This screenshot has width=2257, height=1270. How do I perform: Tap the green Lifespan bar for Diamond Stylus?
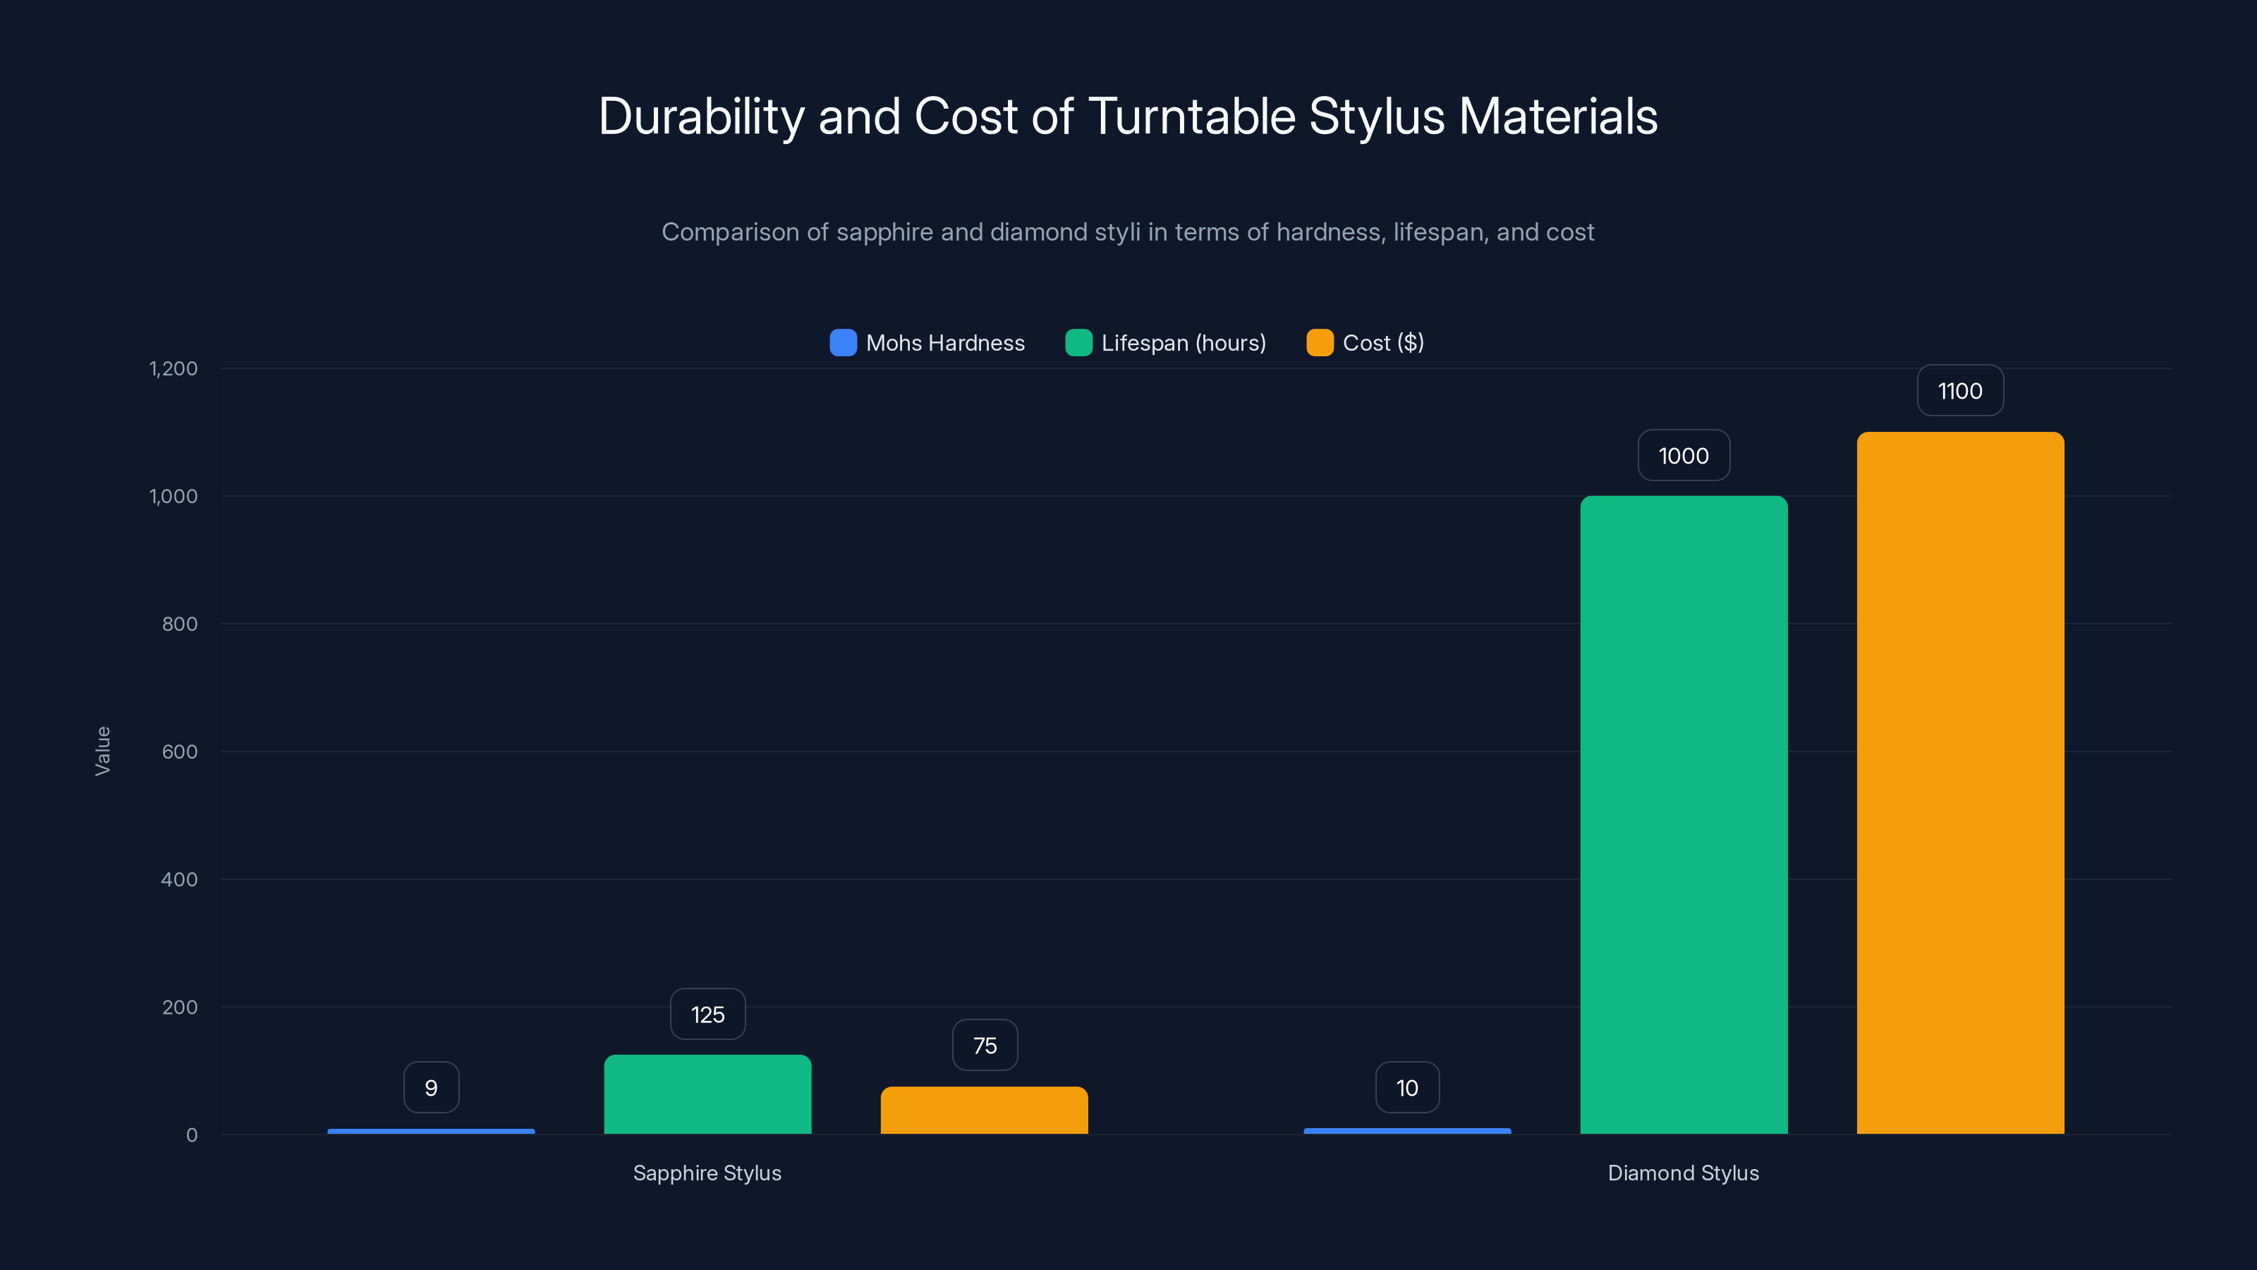(x=1683, y=814)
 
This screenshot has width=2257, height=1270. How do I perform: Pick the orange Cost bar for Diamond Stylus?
(x=1960, y=782)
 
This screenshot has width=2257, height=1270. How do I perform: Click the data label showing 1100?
(x=1960, y=391)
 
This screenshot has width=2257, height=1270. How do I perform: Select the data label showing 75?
(x=984, y=1045)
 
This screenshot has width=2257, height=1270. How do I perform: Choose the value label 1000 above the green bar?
(x=1683, y=456)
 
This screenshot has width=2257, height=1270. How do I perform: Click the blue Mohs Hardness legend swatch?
(x=843, y=343)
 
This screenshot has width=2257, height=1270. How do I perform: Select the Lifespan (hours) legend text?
(x=1183, y=343)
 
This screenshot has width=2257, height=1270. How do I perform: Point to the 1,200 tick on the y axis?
(x=174, y=368)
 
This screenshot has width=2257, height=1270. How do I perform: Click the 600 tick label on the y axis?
(x=180, y=751)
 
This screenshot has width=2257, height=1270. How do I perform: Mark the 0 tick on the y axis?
(x=192, y=1135)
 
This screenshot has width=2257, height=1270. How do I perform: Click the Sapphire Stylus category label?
(x=707, y=1173)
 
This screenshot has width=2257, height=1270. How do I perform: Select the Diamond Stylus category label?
(x=1683, y=1173)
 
